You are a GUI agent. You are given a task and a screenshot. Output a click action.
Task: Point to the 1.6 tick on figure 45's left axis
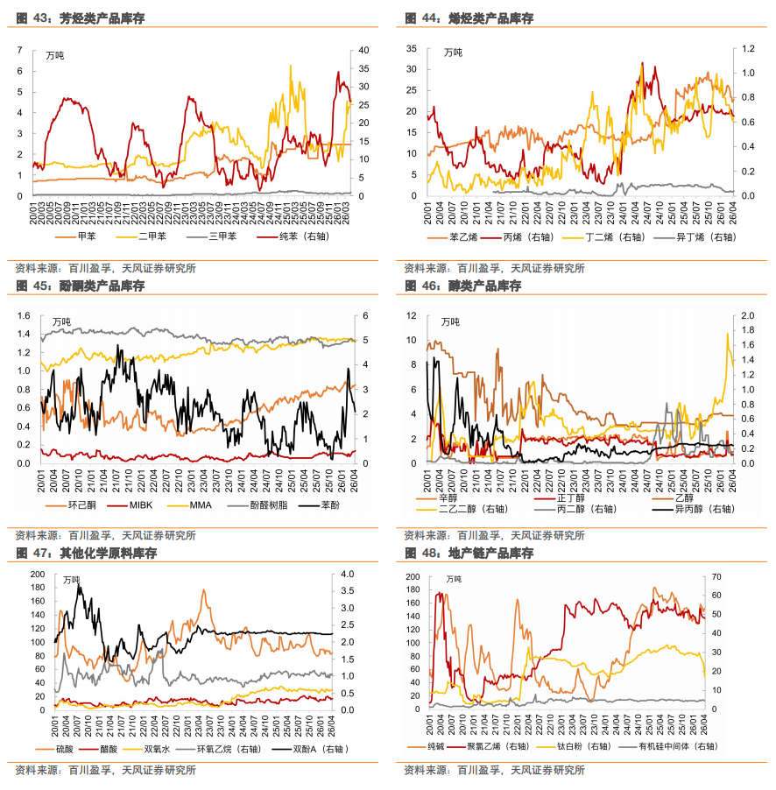[23, 315]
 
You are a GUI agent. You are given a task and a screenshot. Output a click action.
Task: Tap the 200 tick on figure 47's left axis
[38, 574]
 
